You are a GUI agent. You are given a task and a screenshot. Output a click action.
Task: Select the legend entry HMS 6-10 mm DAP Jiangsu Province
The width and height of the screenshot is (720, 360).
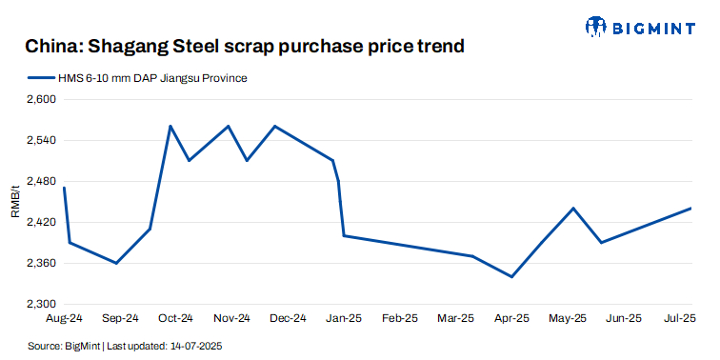click(153, 77)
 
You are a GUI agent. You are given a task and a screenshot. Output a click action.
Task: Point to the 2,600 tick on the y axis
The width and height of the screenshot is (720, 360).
click(42, 99)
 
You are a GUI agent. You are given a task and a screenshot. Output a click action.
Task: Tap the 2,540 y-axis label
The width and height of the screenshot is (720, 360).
click(42, 140)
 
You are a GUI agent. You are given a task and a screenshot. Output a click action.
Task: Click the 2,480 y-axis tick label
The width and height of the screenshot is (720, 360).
click(42, 181)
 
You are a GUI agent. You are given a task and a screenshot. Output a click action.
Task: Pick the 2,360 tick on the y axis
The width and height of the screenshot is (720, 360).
click(42, 263)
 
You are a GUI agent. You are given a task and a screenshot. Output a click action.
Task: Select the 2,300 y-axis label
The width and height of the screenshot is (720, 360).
click(42, 304)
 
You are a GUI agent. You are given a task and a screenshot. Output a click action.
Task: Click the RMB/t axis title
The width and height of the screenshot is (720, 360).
click(14, 202)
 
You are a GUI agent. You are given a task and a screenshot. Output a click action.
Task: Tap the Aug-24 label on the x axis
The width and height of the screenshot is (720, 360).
click(64, 318)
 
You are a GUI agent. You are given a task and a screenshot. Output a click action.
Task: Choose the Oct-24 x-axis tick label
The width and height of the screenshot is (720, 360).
click(175, 318)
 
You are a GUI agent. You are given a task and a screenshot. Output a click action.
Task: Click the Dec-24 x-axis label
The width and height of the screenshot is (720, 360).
click(288, 318)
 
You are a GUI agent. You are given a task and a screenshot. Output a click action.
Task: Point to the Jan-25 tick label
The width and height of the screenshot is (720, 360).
click(344, 318)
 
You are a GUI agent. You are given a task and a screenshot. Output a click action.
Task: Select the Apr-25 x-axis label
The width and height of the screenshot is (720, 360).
click(511, 318)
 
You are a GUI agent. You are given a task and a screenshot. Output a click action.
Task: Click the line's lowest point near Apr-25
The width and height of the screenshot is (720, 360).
click(512, 277)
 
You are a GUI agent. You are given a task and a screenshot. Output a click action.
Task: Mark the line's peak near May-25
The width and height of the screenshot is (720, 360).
click(573, 208)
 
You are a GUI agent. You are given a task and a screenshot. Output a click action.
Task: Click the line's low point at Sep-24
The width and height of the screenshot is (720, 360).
click(116, 263)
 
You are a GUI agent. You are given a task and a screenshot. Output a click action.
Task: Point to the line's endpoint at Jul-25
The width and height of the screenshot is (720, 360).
click(690, 208)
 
